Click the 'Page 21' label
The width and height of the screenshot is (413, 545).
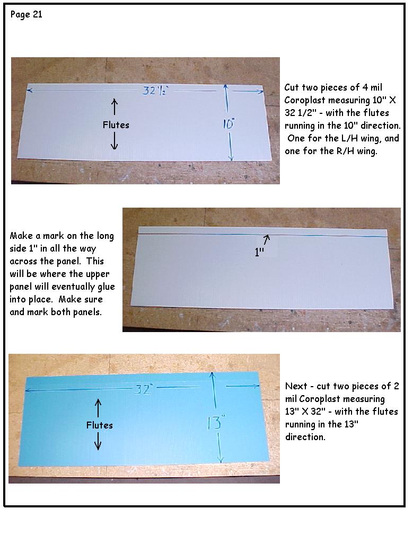tap(27, 15)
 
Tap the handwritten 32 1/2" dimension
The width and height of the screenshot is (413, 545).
tap(155, 91)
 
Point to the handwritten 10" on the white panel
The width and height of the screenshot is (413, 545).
tap(229, 123)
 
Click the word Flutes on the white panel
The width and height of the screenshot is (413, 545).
tap(116, 125)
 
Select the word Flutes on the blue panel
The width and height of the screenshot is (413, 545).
tap(100, 425)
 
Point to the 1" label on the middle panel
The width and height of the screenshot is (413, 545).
tap(260, 252)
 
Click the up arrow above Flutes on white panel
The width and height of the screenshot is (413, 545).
tap(115, 106)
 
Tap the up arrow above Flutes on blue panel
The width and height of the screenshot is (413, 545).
tap(98, 408)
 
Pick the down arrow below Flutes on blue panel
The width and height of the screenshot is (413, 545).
tap(98, 441)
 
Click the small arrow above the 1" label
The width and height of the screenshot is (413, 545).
tap(266, 239)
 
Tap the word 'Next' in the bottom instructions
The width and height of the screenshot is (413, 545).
tap(296, 386)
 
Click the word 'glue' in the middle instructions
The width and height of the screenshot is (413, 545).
tap(106, 287)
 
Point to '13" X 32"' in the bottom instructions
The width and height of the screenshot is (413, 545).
tap(305, 412)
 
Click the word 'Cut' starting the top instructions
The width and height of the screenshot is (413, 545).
tap(292, 87)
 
